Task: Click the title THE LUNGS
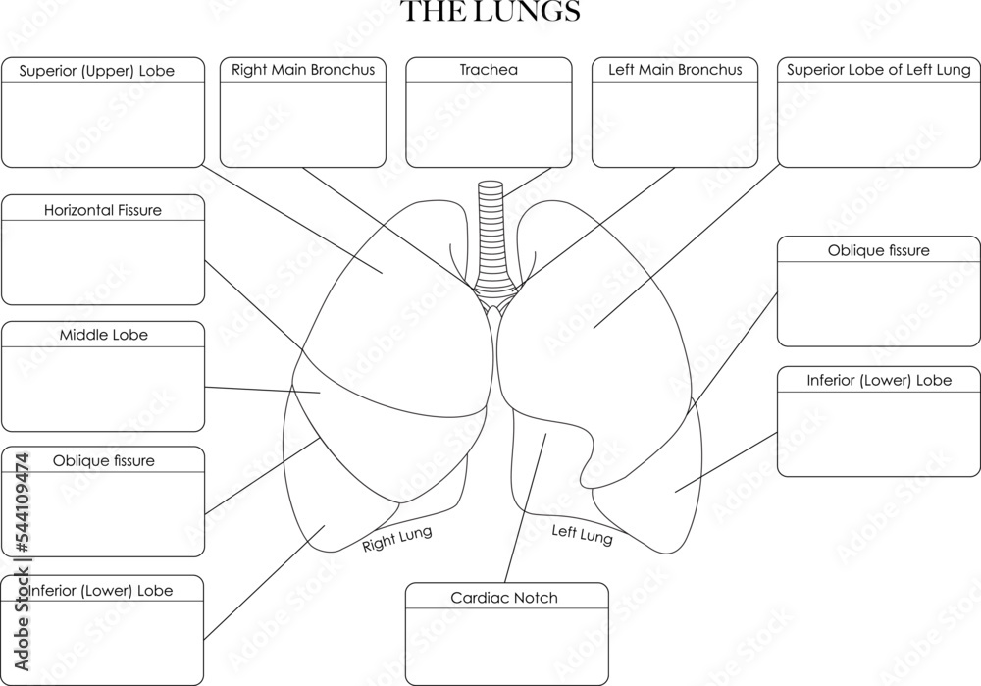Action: [x=490, y=13]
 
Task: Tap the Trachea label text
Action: [x=489, y=71]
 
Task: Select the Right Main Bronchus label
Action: [x=303, y=71]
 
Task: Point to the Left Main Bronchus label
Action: [x=675, y=71]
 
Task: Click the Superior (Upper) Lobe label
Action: [x=103, y=72]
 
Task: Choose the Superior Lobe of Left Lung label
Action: [x=879, y=71]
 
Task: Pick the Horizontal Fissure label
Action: [x=103, y=210]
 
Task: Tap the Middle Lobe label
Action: [x=103, y=336]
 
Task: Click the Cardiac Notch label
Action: [x=504, y=598]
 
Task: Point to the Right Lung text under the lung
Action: [x=397, y=540]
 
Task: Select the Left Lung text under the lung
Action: [x=582, y=535]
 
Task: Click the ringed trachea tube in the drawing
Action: [x=489, y=236]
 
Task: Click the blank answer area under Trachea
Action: [x=489, y=123]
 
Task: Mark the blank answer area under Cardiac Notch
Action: [x=506, y=644]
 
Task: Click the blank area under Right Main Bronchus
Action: [x=303, y=123]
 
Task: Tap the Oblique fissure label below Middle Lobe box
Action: [x=103, y=461]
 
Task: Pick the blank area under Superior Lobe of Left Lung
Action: [x=879, y=123]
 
